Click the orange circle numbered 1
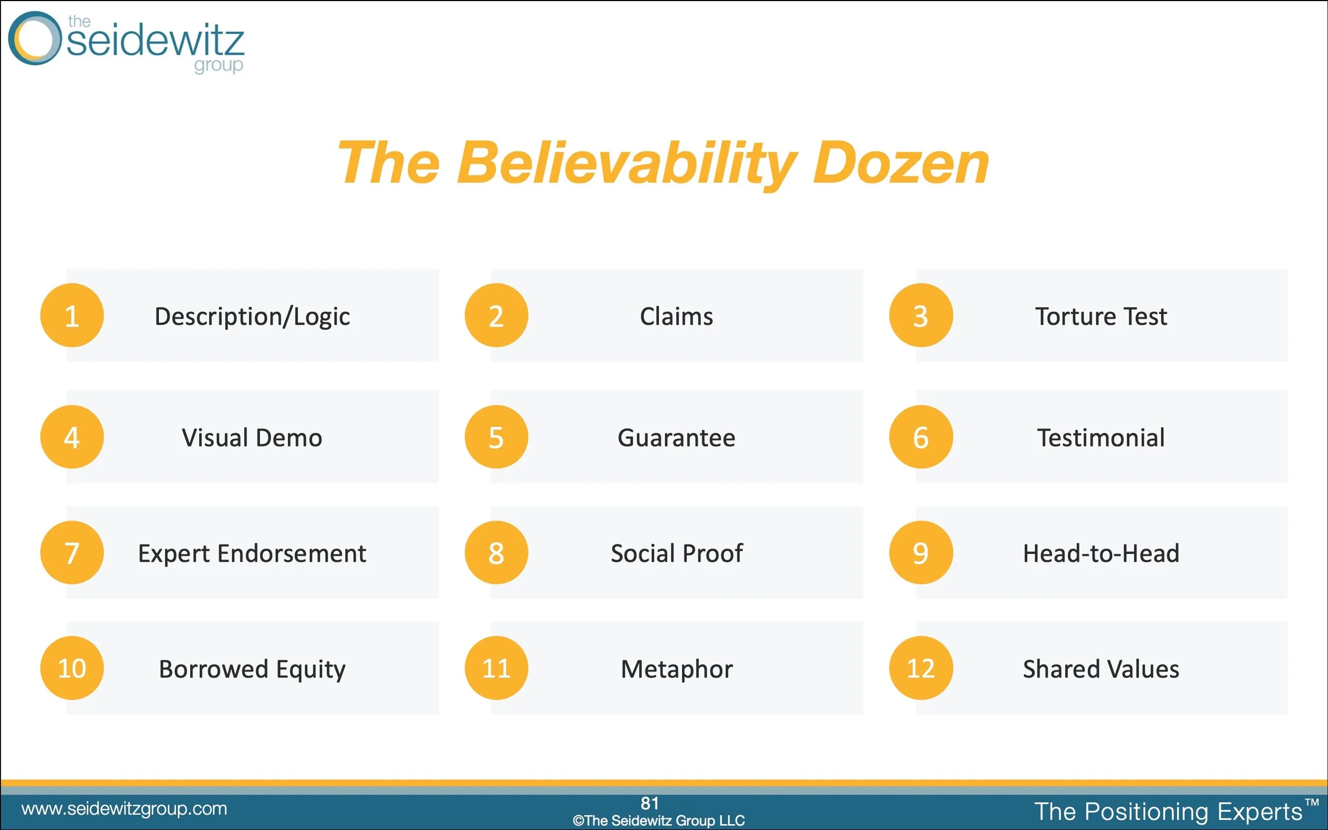coord(72,315)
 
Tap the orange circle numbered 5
coord(496,437)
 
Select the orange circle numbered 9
coord(921,552)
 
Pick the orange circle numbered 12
coord(921,668)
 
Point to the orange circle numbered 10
coord(72,668)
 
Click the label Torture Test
coord(1101,316)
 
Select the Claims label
coord(676,316)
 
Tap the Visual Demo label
coord(252,438)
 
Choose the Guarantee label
coord(676,438)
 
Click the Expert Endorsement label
coord(252,553)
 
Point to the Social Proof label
coord(676,553)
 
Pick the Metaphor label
coord(676,669)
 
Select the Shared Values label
coord(1101,669)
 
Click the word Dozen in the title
coord(900,163)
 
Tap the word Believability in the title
coord(626,163)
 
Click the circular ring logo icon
coord(34,38)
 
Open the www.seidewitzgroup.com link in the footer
coord(124,809)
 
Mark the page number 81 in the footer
coord(650,803)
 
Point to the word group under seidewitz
coord(218,65)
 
